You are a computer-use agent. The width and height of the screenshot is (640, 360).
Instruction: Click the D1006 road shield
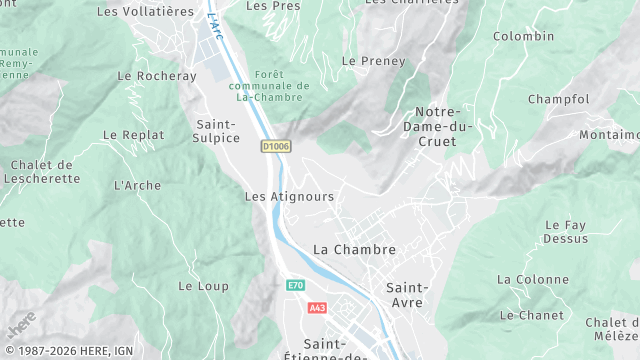point(275,146)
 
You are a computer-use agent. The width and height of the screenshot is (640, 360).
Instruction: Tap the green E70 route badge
point(294,285)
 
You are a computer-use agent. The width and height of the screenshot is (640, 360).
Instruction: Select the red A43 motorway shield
point(317,308)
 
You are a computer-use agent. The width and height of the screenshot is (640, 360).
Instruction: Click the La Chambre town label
point(354,249)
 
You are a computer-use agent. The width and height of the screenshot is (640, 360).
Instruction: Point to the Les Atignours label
point(289,197)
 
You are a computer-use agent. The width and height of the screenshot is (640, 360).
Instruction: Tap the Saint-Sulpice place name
point(215,130)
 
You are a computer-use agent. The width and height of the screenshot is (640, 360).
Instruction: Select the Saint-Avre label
point(405,294)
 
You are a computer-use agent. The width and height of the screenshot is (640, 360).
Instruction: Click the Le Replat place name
point(132,134)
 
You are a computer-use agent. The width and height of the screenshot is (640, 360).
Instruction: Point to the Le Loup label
point(203,286)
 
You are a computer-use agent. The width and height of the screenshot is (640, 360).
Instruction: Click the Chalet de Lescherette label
point(41,172)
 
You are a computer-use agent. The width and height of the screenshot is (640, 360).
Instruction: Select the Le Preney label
point(374,61)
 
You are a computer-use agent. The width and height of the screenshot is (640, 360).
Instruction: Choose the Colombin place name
point(523,36)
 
